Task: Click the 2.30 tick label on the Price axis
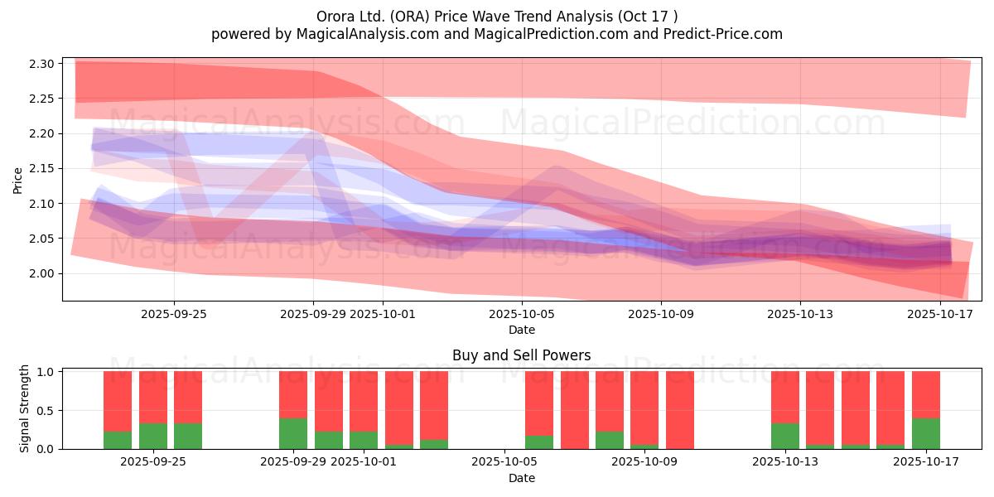tap(41, 64)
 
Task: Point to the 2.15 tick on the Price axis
tap(41, 169)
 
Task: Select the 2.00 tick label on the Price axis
tap(41, 274)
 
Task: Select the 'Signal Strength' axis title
tap(25, 408)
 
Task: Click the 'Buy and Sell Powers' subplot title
tap(521, 355)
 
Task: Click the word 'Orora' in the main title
tap(335, 16)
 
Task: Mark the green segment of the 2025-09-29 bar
tap(293, 433)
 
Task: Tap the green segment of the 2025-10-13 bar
tap(785, 436)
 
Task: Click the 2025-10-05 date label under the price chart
tap(522, 314)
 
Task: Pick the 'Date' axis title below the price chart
tap(521, 330)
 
